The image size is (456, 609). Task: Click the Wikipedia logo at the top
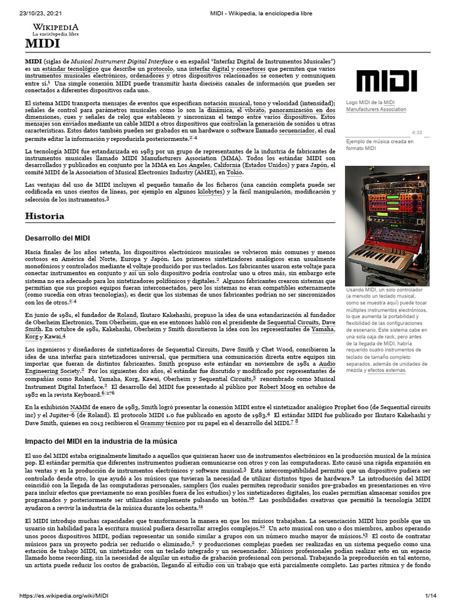click(55, 30)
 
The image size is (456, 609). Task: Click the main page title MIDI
click(42, 44)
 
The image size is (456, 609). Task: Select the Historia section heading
click(45, 216)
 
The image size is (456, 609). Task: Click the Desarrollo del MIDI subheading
click(57, 238)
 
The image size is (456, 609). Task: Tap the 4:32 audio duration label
click(416, 133)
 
